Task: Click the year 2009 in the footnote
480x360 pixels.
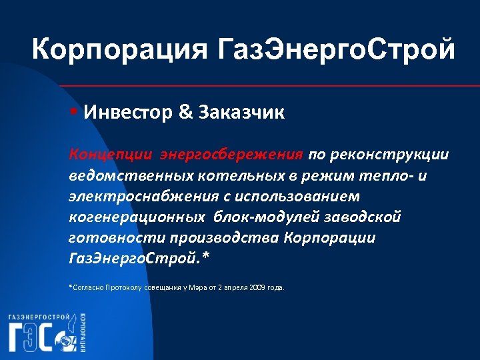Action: click(x=255, y=287)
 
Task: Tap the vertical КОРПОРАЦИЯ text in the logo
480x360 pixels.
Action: click(x=82, y=331)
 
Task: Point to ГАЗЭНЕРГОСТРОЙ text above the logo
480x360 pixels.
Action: click(x=40, y=317)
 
